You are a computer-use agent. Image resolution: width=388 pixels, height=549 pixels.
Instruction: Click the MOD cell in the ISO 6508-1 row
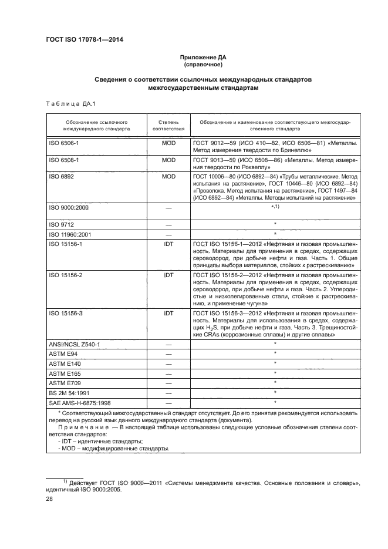[x=169, y=160]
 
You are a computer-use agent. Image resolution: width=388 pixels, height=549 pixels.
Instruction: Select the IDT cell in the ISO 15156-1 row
[x=169, y=243]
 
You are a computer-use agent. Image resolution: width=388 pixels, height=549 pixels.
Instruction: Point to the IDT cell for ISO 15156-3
[x=169, y=314]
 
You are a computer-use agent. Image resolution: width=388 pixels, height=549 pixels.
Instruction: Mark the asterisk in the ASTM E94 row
[x=275, y=353]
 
